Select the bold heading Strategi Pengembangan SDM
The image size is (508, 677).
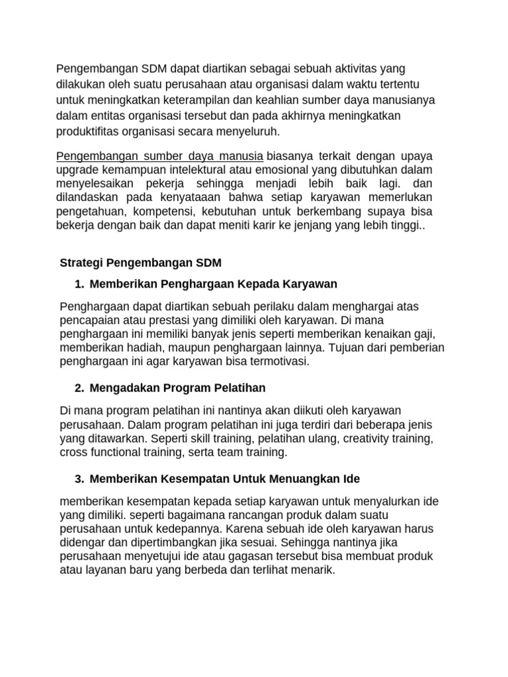click(140, 262)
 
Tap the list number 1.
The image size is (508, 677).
click(79, 284)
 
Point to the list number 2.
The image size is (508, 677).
click(79, 387)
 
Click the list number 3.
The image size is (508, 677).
click(79, 478)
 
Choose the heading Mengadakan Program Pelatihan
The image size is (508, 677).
click(177, 387)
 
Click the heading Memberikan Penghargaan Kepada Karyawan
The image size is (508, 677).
click(213, 284)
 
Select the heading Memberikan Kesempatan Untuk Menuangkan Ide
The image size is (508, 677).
click(225, 478)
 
